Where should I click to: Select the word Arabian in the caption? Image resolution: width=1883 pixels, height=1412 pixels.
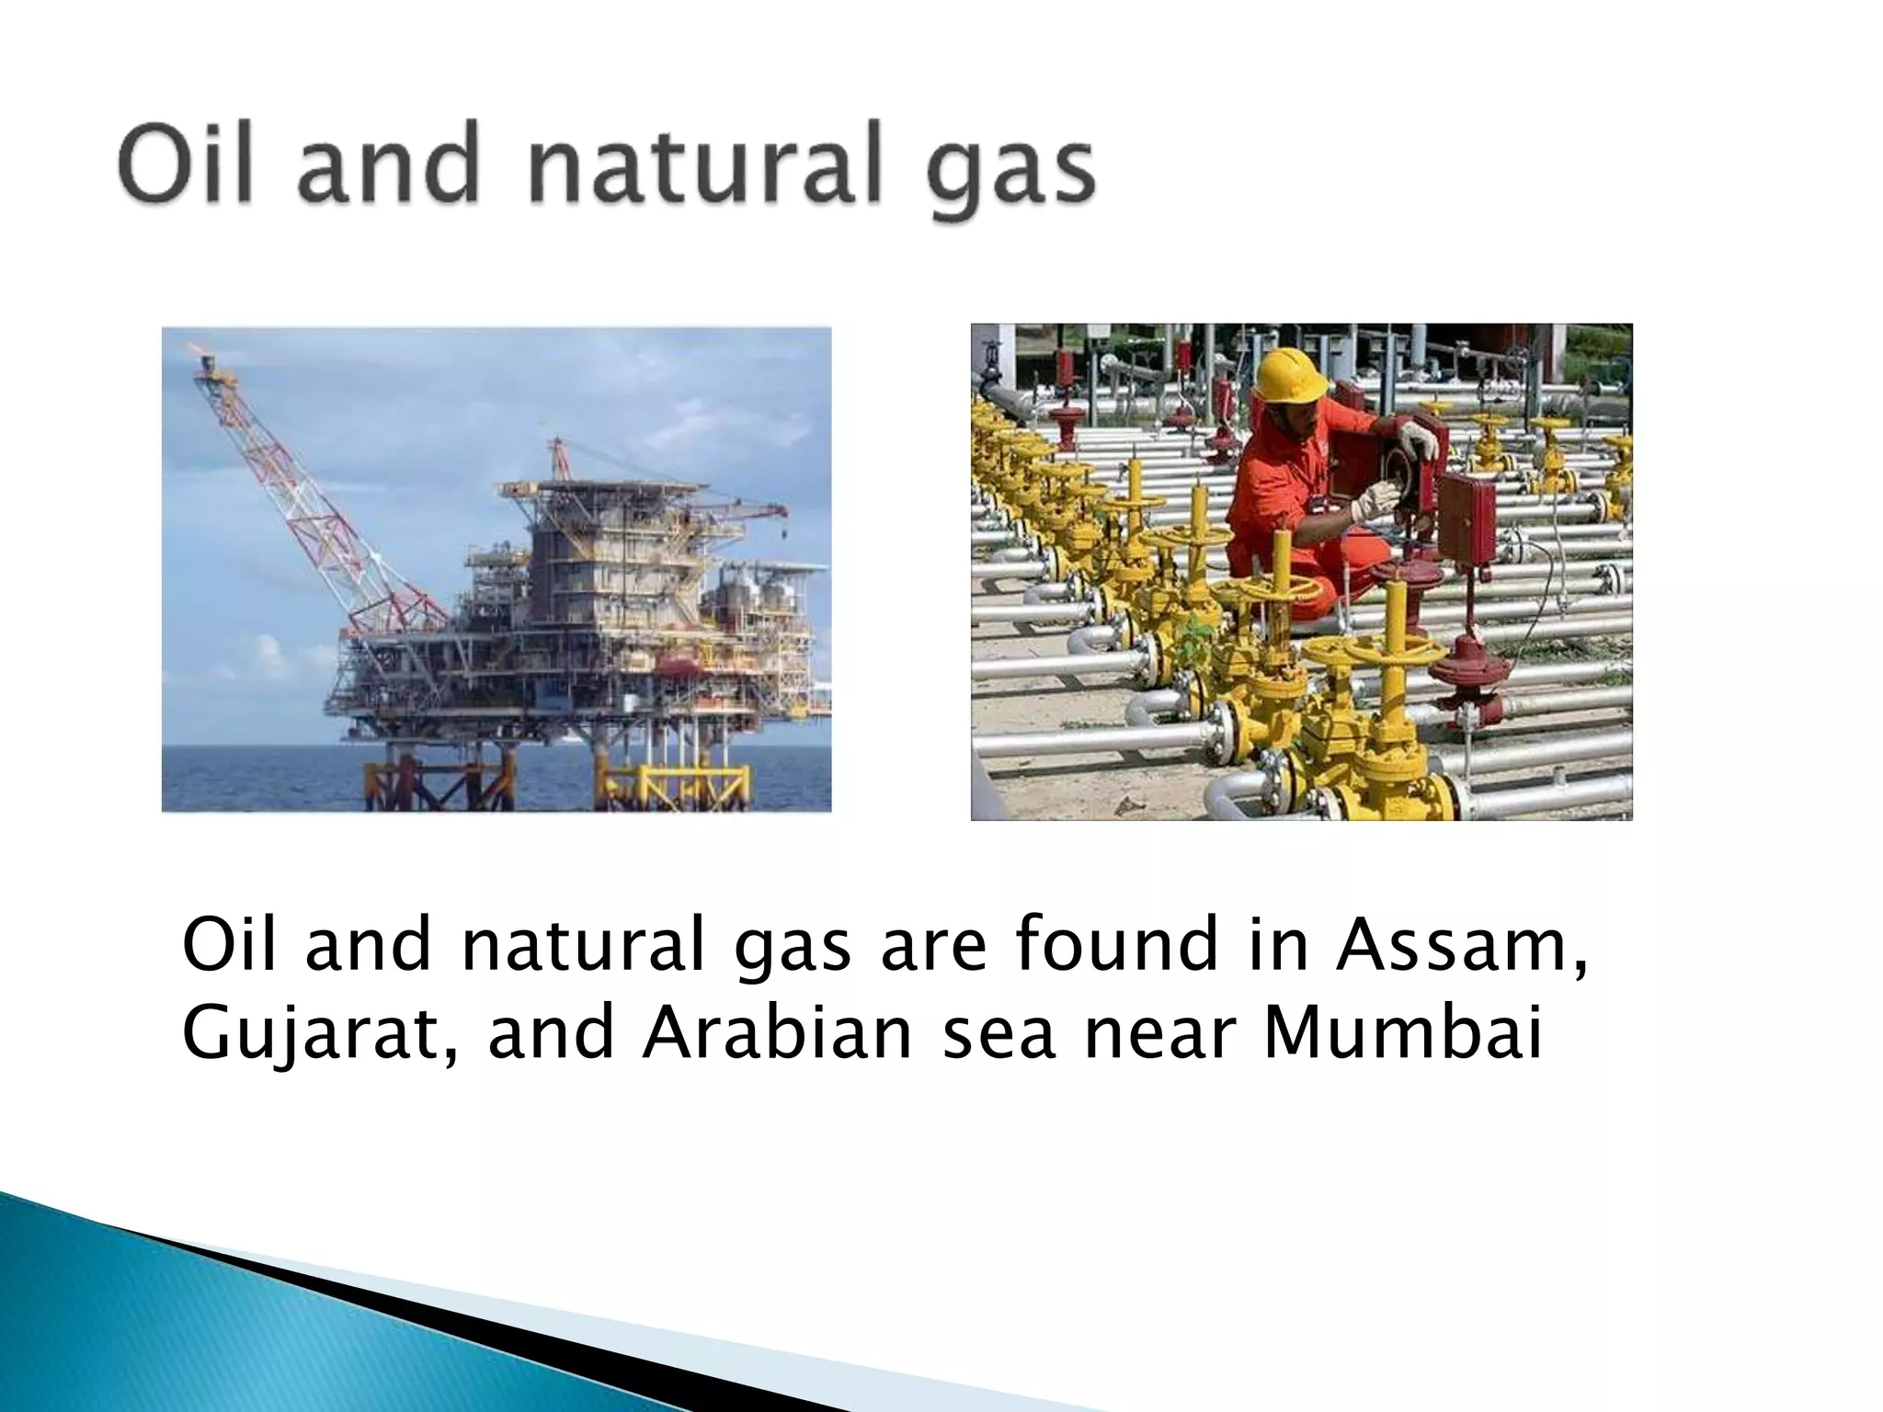pyautogui.click(x=778, y=1034)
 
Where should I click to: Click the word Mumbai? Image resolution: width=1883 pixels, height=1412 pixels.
pyautogui.click(x=1402, y=1034)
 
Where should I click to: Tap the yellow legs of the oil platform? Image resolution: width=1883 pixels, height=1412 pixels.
pyautogui.click(x=644, y=781)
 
